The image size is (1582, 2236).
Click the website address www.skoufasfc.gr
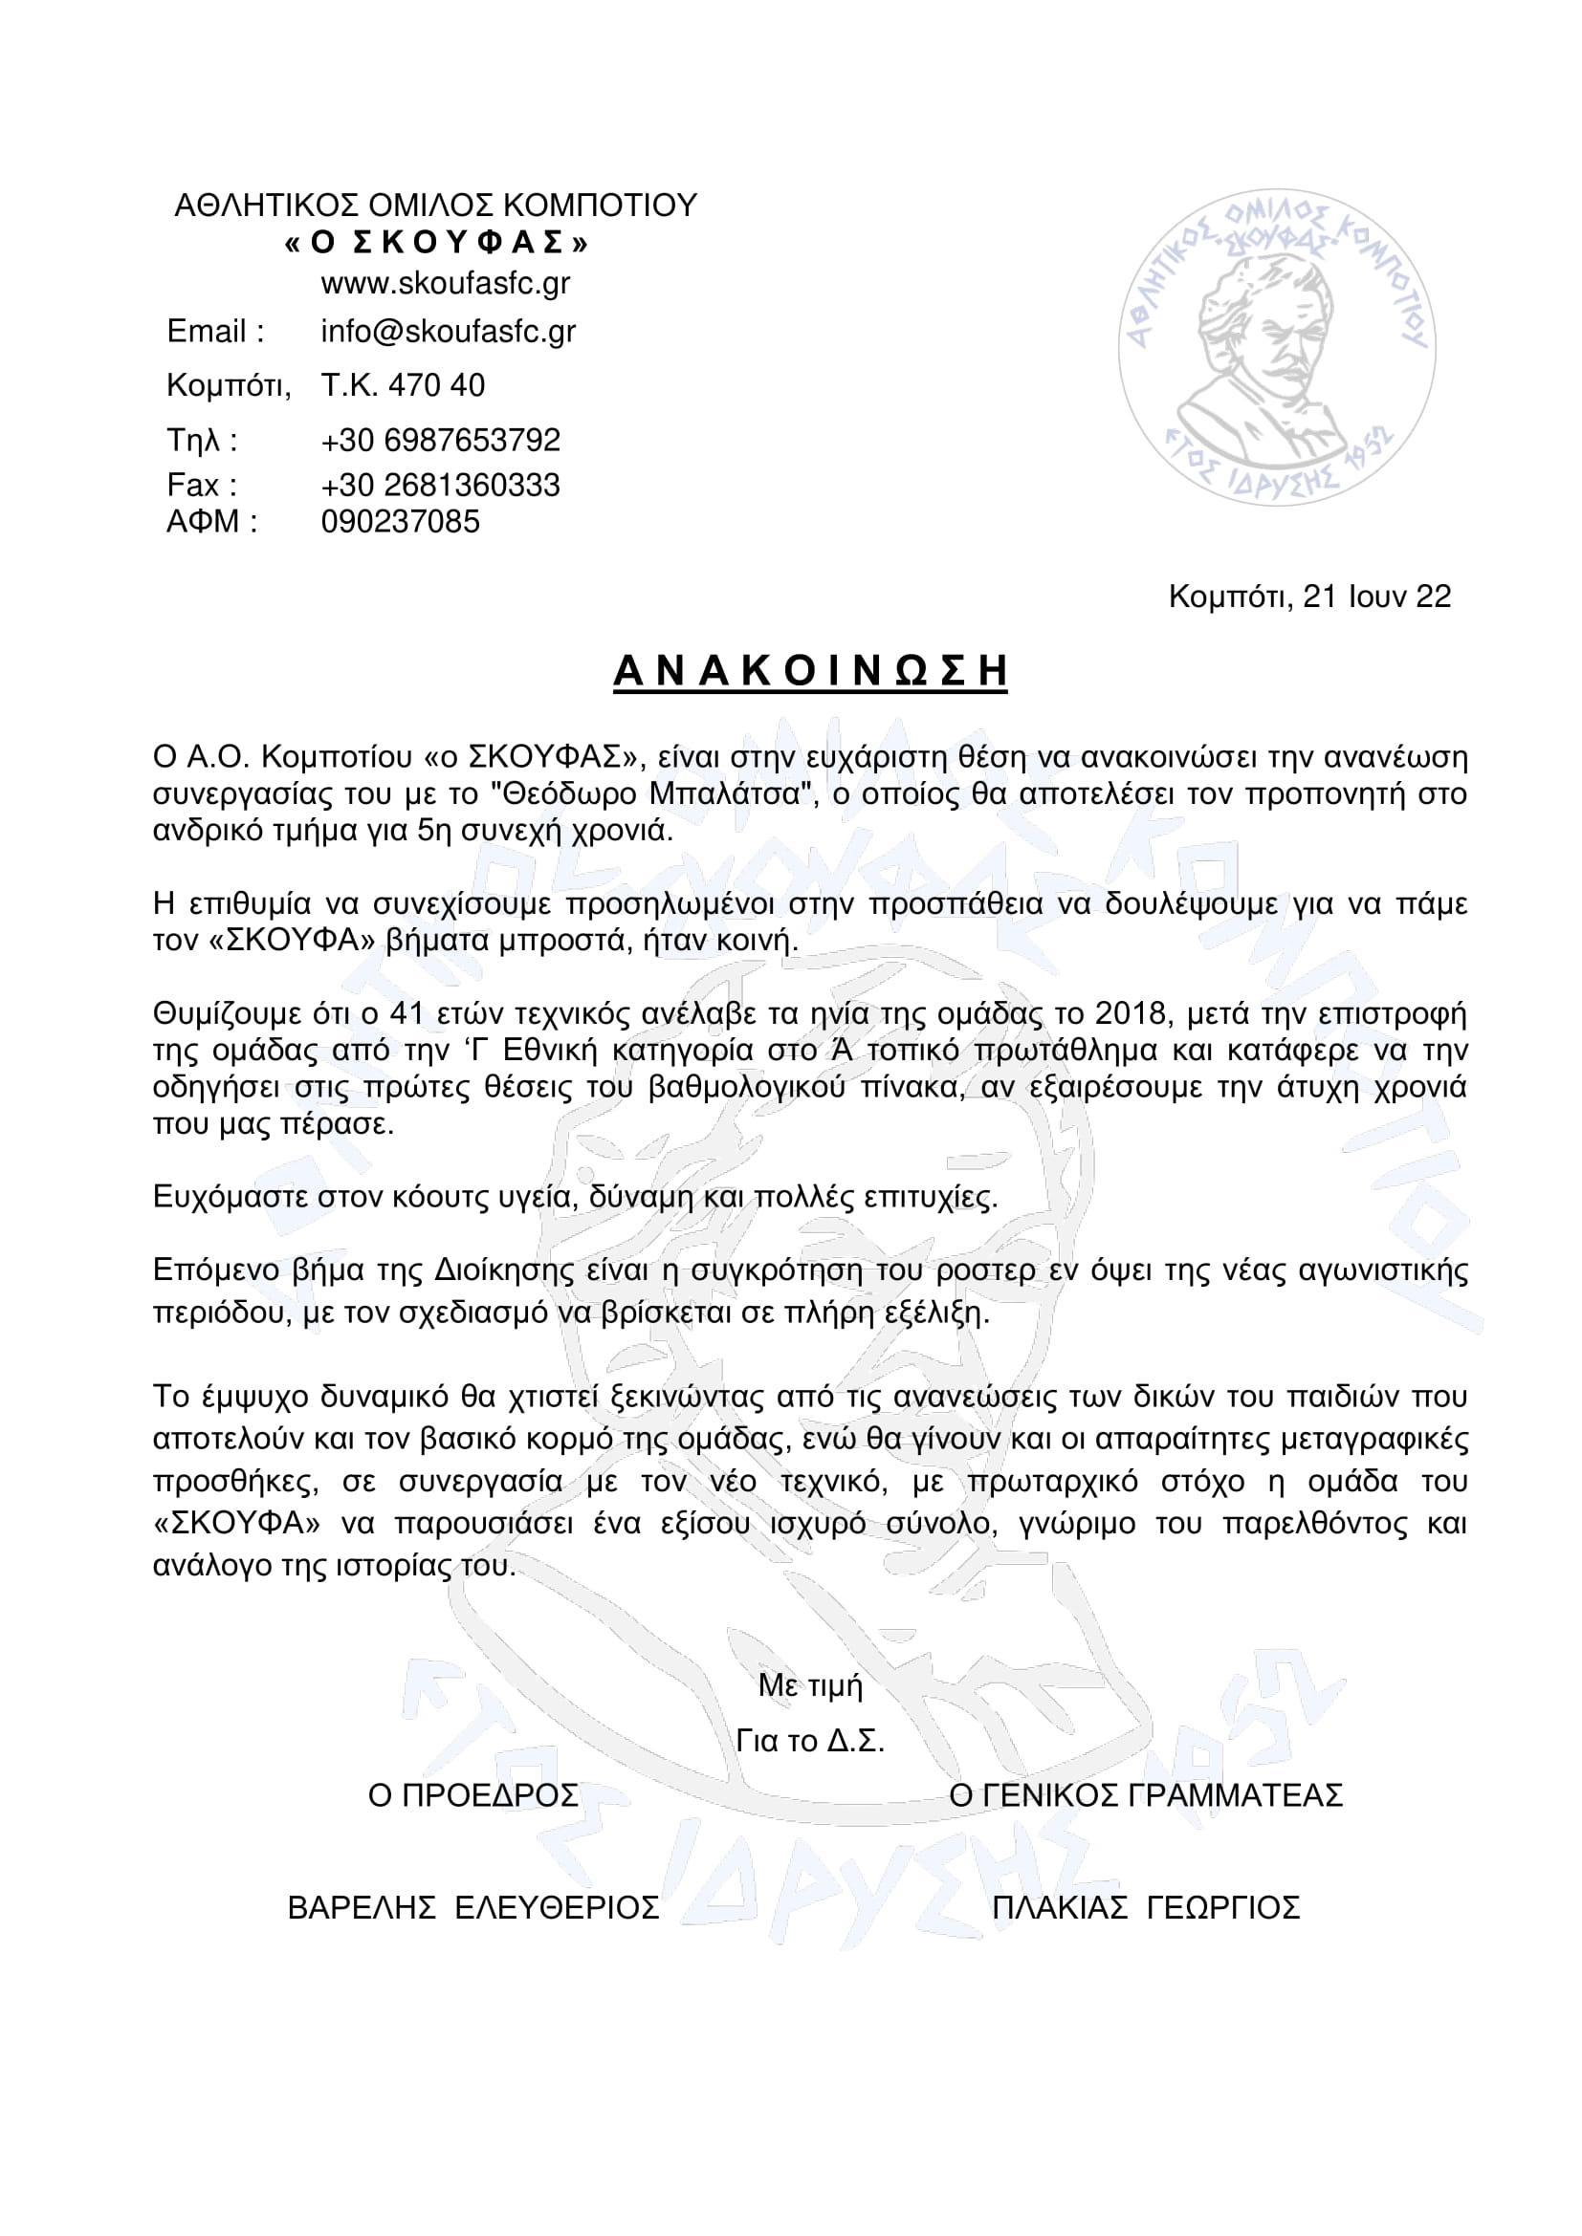pos(445,283)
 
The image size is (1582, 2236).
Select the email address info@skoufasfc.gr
pos(448,332)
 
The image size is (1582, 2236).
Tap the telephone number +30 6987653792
pos(440,440)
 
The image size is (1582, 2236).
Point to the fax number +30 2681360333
pos(440,485)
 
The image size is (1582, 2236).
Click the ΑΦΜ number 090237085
pos(401,522)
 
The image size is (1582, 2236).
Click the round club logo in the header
pos(1276,348)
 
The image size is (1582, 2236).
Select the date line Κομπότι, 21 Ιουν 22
pos(1309,596)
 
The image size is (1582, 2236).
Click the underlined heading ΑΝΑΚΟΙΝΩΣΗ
pos(809,672)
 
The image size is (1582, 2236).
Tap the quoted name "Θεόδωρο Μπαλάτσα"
pos(655,793)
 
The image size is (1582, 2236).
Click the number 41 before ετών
pos(407,1013)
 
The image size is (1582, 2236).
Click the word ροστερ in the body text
pos(986,1270)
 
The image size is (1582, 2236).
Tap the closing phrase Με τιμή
pos(810,1683)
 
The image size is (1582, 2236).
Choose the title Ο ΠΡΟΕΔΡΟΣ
pos(472,1795)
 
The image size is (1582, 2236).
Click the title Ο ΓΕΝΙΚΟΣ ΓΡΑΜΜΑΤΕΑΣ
pos(1146,1795)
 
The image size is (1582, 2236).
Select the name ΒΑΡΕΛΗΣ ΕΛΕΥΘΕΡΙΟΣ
pos(472,1907)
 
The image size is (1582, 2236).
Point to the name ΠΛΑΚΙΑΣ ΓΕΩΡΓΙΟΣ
pos(1146,1907)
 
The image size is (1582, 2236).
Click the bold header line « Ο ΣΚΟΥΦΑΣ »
pos(436,243)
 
